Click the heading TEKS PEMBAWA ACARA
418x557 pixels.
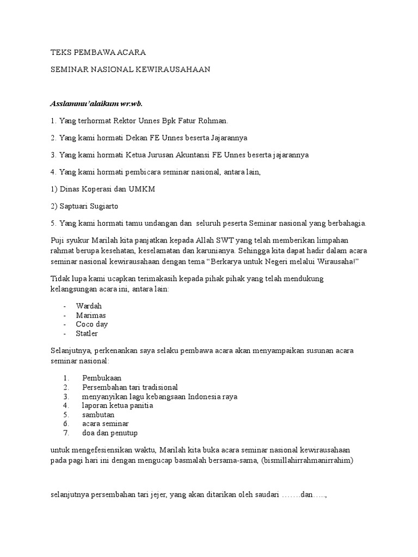pos(98,53)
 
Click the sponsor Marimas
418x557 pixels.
pos(91,315)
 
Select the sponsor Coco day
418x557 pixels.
pos(92,324)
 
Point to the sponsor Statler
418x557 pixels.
pos(87,333)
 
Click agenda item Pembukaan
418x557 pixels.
pos(102,377)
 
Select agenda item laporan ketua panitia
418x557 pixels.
pos(117,405)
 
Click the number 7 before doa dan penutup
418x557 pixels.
pos(65,433)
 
